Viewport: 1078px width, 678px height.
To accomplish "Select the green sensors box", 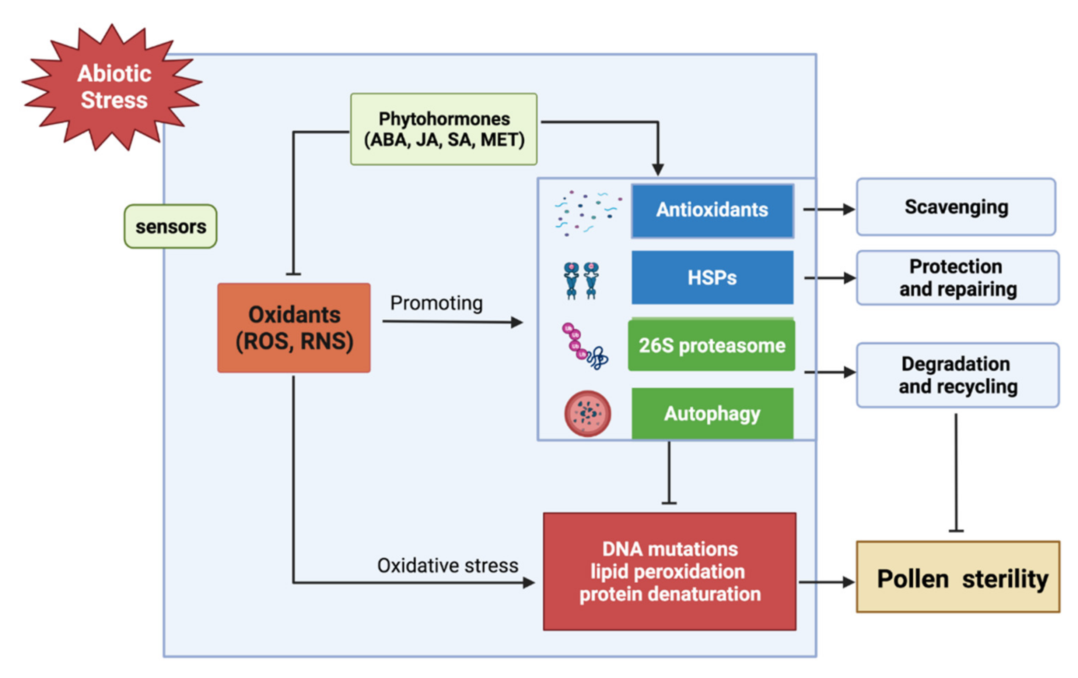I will tap(171, 227).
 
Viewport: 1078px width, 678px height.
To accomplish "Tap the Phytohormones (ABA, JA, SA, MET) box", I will tap(444, 129).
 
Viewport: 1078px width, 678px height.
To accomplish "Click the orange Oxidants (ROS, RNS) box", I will tap(294, 328).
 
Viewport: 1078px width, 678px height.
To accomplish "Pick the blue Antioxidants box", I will tap(712, 210).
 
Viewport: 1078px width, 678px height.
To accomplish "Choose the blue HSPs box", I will tap(712, 278).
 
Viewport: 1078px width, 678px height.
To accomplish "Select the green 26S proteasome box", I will tap(711, 345).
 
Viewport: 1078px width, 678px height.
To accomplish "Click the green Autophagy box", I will tap(712, 413).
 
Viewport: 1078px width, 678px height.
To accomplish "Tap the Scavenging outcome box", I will tap(956, 207).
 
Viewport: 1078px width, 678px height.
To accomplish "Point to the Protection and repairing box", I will tap(958, 278).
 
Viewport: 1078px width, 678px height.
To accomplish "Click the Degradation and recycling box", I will tap(958, 375).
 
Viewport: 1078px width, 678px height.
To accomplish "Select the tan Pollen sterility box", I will tap(958, 577).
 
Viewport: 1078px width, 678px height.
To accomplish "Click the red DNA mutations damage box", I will tap(669, 572).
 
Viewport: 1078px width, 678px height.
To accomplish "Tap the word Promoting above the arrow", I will tap(436, 303).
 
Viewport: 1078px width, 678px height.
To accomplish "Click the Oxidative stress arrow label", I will tap(448, 566).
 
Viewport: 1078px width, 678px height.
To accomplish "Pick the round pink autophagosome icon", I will tap(587, 413).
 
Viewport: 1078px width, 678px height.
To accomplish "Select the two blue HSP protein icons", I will tap(581, 280).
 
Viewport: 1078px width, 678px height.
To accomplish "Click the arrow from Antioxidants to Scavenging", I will tap(828, 209).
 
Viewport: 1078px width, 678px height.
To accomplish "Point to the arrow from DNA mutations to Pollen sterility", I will tap(826, 582).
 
